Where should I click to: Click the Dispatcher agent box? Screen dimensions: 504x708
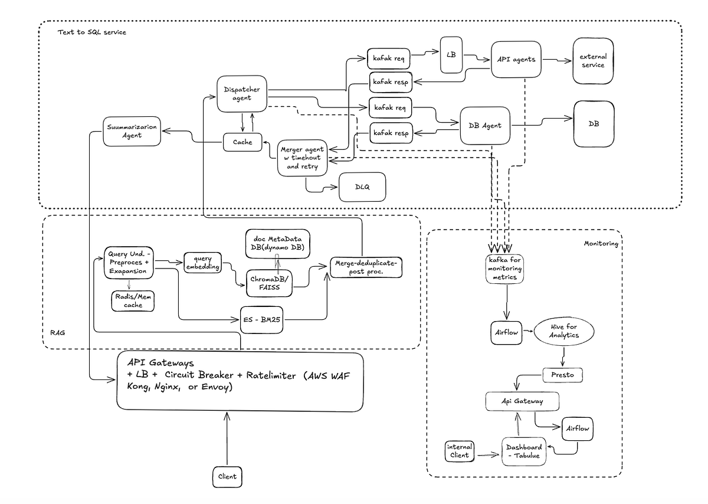pos(242,94)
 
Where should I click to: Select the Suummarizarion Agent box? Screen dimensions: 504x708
pos(132,130)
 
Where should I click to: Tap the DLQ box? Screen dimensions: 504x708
pos(362,187)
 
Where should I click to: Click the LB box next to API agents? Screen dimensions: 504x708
pos(451,55)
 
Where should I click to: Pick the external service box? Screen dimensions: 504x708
pos(593,61)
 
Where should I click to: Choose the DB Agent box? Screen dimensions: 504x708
pos(484,125)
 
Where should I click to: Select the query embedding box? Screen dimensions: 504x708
pos(202,261)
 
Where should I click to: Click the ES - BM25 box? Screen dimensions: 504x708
pos(261,320)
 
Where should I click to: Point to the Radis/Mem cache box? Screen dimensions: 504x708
pos(133,301)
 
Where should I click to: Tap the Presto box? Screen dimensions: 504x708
pos(562,374)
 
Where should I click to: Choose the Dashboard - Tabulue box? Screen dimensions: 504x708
pos(523,451)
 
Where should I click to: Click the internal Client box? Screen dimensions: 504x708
pos(459,451)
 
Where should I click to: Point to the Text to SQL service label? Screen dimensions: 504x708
pos(91,32)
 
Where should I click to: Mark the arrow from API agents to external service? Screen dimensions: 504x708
pos(557,60)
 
